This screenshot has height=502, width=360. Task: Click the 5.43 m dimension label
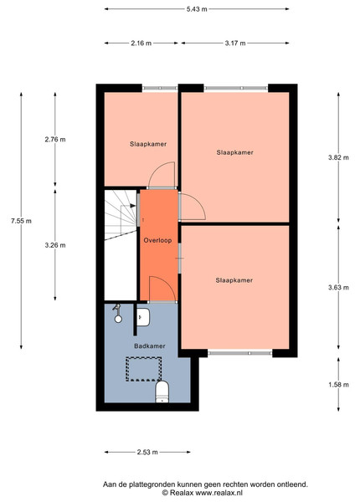point(197,9)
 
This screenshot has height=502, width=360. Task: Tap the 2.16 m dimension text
point(141,43)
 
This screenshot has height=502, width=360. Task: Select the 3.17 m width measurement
point(235,43)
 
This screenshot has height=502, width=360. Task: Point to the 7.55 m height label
point(21,221)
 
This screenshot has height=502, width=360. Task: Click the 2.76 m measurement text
point(55,139)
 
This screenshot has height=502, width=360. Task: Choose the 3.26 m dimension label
point(55,245)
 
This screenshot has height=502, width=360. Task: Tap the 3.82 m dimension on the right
point(338,157)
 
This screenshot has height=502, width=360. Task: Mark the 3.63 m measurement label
point(338,287)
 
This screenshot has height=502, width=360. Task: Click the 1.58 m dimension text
point(338,385)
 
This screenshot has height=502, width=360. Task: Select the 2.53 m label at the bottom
point(147,452)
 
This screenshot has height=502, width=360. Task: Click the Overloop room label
point(157,240)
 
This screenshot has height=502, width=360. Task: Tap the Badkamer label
point(150,346)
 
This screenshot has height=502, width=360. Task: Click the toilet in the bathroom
point(162,392)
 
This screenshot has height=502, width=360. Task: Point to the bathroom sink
point(143,317)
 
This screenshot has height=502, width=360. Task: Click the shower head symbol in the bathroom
point(117,313)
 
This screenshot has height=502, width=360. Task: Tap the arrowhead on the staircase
point(132,206)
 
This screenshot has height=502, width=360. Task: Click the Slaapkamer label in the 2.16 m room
point(148,144)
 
